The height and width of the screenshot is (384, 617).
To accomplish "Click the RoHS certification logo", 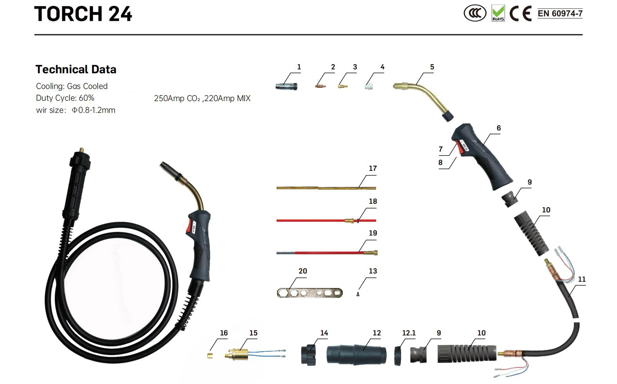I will coord(498,13).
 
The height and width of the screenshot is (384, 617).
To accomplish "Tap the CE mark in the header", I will coord(521,14).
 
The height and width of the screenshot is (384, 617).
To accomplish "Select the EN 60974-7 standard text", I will coord(560,14).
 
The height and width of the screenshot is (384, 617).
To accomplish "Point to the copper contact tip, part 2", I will coord(320,85).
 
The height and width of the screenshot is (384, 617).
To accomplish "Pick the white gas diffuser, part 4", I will coord(368,85).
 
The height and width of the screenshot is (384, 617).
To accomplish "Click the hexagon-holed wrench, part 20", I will coord(309,293).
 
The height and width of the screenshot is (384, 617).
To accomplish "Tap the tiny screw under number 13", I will coord(358,294).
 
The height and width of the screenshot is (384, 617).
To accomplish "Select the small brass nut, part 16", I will coord(210,356).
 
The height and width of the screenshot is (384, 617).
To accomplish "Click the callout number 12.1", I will coord(409,333).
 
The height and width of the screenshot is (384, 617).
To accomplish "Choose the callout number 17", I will coord(373,168).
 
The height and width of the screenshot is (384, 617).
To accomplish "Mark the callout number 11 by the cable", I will coord(582,279).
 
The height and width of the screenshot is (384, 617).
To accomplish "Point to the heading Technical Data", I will coord(76,70).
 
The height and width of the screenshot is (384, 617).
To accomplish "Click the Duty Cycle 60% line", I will coord(65,98).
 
